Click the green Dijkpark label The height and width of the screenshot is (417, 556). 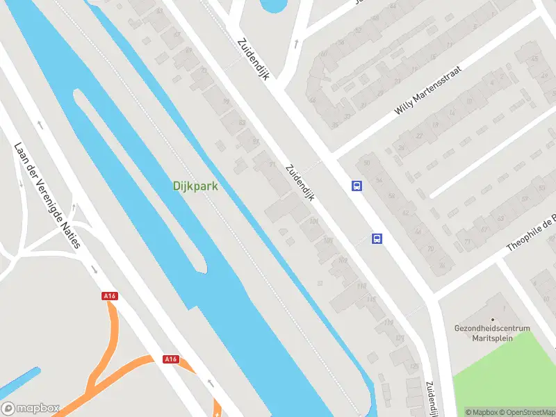point(195,186)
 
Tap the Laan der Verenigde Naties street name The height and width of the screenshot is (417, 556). point(47,195)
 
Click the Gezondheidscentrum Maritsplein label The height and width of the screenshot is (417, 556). point(492,333)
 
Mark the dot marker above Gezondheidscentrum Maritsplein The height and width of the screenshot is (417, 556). point(493,319)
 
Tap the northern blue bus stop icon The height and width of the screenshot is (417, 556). point(357,186)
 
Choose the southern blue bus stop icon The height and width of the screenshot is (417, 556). point(377,238)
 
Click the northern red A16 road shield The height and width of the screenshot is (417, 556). point(109,296)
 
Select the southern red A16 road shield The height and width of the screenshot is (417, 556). point(171,359)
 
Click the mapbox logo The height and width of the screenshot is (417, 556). point(31,409)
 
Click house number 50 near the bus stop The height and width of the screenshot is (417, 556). point(366,163)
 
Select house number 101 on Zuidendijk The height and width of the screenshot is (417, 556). point(313,222)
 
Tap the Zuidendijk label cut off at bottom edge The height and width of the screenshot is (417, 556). point(432,399)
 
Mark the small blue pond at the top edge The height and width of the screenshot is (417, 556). point(272,6)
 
